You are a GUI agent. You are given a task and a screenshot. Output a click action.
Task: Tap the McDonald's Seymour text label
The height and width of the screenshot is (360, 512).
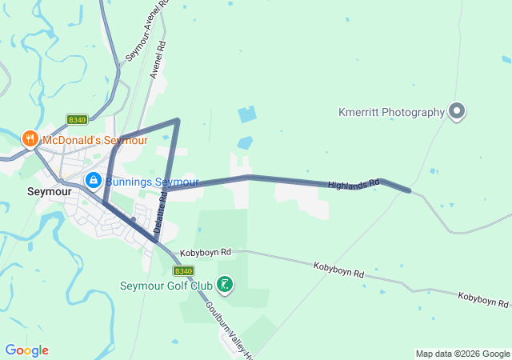point(95,140)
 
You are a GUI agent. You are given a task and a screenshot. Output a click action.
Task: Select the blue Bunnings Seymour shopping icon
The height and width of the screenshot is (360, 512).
point(93,181)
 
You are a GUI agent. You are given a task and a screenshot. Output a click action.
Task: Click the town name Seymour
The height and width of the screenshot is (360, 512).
point(49,192)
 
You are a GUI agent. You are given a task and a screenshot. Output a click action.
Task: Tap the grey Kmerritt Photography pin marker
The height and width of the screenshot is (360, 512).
point(457,111)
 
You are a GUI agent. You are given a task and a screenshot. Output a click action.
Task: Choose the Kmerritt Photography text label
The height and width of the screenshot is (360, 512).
point(390,112)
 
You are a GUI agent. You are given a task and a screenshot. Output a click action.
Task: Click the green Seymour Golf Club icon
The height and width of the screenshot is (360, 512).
point(225,285)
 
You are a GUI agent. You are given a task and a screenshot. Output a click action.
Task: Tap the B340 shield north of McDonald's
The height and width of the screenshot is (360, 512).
point(77,120)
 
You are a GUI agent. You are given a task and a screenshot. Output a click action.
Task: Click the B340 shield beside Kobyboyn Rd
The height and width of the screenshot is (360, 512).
point(182,249)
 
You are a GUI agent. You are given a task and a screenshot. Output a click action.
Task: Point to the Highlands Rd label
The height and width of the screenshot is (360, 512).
point(353,185)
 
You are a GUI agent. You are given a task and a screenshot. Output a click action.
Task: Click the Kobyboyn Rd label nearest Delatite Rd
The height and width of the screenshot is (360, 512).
point(206,252)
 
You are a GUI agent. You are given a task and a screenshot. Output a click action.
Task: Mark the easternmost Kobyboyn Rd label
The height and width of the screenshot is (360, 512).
point(482,299)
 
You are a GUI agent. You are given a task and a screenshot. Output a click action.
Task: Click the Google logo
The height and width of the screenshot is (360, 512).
point(26,350)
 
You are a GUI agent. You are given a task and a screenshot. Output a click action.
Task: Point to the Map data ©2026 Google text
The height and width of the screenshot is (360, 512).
point(462,354)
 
